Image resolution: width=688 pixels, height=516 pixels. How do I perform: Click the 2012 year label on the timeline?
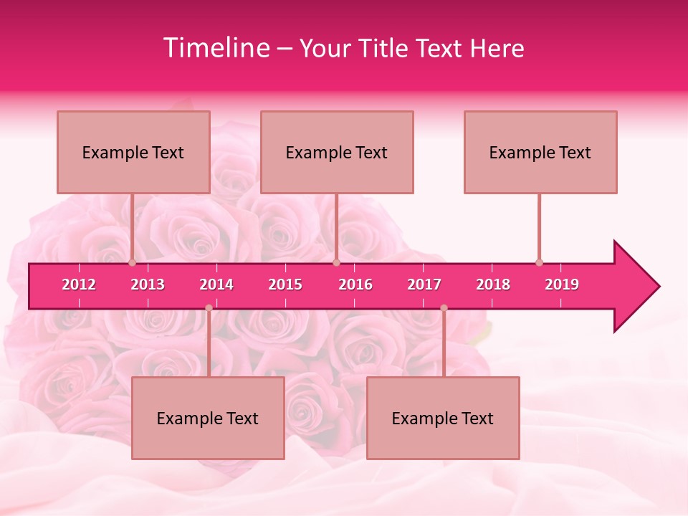click(79, 285)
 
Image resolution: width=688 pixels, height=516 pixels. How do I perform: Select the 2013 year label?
click(148, 285)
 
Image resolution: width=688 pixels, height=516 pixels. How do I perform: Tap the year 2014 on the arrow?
click(216, 285)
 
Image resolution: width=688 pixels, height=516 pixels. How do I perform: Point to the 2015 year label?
click(285, 285)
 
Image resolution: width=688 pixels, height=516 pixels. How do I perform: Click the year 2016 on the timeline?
click(355, 285)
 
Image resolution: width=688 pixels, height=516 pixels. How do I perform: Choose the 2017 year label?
click(424, 285)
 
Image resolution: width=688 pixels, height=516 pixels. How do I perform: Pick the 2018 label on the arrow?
click(493, 285)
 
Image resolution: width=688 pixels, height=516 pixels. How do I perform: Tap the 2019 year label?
click(562, 285)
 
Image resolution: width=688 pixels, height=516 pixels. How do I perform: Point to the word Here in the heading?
click(497, 48)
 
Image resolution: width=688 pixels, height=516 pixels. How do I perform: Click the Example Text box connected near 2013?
click(133, 152)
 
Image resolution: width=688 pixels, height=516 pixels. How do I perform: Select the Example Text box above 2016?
click(337, 152)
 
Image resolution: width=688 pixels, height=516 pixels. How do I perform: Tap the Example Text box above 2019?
click(540, 152)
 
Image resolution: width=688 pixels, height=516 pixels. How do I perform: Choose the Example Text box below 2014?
click(208, 418)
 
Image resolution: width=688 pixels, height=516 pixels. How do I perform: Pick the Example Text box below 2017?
click(443, 418)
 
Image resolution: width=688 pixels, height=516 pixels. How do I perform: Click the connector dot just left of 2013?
click(132, 262)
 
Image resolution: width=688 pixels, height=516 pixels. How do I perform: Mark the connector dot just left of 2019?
click(539, 262)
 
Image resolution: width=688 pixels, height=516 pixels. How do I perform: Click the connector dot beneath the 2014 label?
click(209, 308)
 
